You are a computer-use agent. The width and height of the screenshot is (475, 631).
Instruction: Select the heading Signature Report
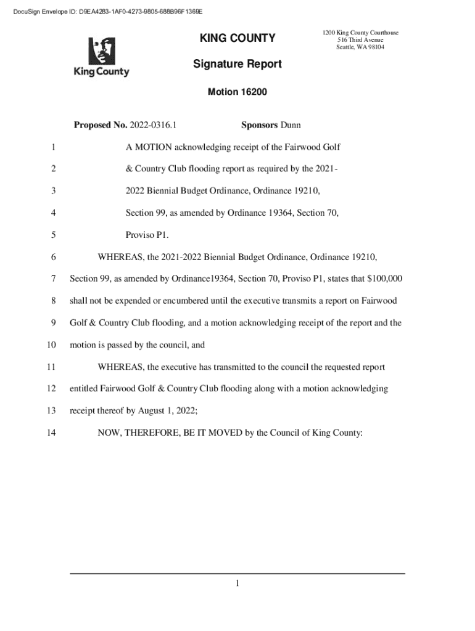[237, 64]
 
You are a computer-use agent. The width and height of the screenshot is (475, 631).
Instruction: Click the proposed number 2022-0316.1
[153, 125]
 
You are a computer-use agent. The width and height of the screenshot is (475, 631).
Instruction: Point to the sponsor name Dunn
[291, 125]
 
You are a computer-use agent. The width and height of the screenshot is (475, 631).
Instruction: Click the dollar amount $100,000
[384, 279]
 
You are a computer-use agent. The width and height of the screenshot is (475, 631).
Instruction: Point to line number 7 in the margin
[54, 279]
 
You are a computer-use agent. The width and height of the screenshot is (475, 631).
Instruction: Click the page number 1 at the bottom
[237, 584]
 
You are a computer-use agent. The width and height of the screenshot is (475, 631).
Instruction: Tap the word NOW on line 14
[109, 433]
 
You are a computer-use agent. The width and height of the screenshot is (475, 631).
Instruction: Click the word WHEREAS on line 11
[120, 367]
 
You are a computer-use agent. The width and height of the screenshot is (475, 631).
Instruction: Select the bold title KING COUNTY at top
[237, 38]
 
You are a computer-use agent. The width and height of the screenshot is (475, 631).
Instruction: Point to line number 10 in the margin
[52, 345]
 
